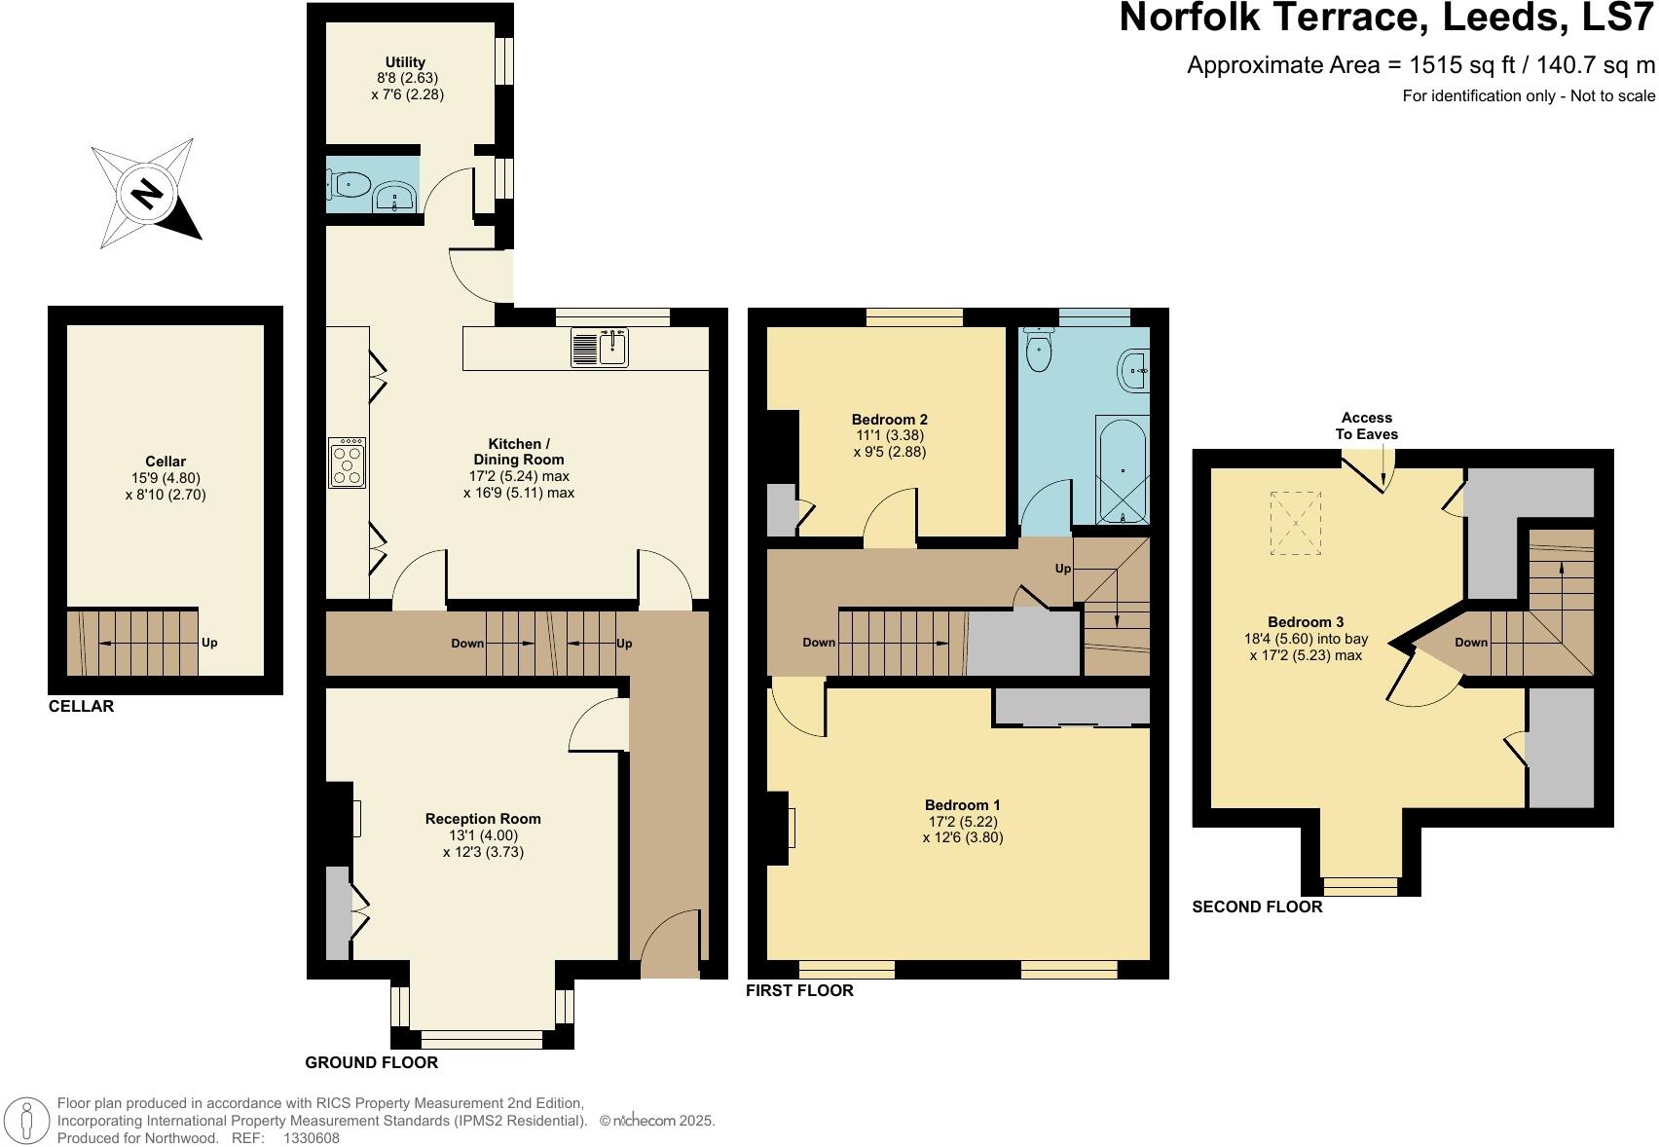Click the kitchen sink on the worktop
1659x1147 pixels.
tap(601, 349)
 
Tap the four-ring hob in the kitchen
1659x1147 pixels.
tap(349, 462)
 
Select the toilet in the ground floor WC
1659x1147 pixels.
tap(350, 183)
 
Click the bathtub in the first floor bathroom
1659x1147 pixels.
tap(1123, 471)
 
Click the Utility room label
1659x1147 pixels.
tap(405, 62)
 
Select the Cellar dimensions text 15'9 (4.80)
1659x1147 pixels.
tap(166, 478)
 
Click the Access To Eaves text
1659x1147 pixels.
tap(1366, 425)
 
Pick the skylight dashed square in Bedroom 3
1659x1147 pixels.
tap(1296, 523)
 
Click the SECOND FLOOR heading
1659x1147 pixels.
tap(1257, 906)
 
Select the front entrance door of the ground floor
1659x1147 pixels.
tap(670, 944)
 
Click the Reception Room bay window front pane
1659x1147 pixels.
tap(476, 1039)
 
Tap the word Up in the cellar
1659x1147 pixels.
tap(209, 643)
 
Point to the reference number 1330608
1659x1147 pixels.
tap(312, 1137)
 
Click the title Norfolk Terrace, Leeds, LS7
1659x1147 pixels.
tap(1385, 18)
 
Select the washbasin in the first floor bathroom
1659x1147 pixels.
tap(1134, 370)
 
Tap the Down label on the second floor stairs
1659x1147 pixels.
tap(1470, 642)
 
